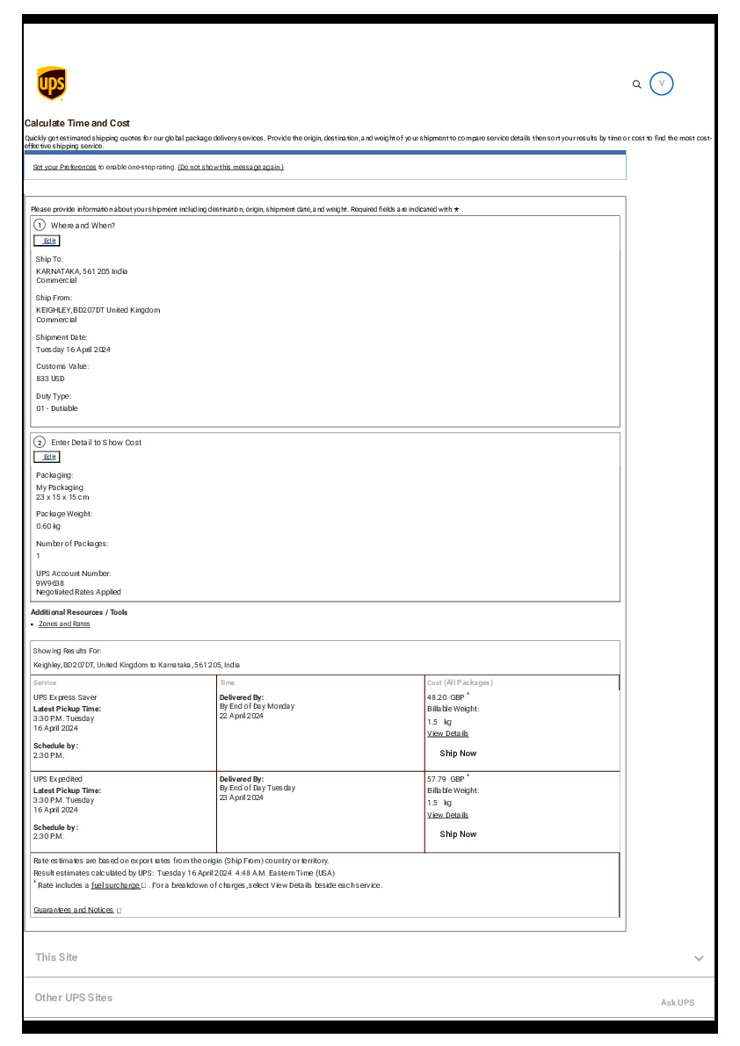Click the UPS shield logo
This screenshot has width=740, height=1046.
point(51,84)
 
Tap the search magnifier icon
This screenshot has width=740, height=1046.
point(637,84)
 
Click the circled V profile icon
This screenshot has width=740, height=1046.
point(662,84)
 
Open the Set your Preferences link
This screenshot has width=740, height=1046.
point(64,167)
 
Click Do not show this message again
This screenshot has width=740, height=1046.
point(230,167)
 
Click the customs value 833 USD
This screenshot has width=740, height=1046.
point(50,379)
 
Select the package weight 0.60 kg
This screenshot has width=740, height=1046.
point(48,526)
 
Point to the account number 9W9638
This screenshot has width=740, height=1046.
point(50,582)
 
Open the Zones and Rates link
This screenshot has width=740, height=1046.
point(64,624)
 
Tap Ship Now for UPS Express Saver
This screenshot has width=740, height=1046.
point(458,754)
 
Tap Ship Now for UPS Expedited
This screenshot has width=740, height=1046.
point(458,834)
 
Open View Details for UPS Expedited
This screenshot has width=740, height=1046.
point(447,815)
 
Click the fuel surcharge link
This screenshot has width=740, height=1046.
point(115,885)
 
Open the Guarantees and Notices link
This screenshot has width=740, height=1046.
point(74,910)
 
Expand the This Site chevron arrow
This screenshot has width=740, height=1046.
point(699,958)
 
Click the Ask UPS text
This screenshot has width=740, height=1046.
point(677,1002)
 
